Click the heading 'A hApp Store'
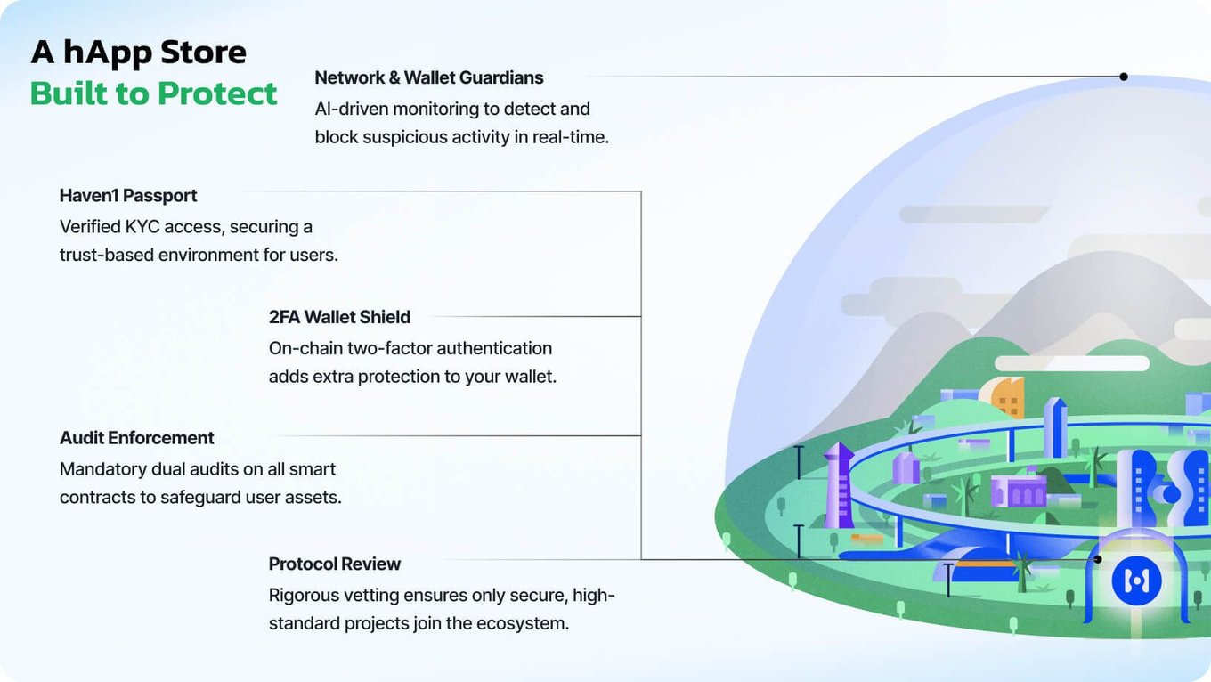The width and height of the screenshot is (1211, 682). pos(138,53)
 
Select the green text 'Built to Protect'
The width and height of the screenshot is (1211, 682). pos(153,93)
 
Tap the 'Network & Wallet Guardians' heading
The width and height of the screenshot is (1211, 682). pos(428,77)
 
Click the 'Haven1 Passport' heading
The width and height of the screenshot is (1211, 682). pos(128,196)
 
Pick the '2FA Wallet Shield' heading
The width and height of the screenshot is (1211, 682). pos(339,317)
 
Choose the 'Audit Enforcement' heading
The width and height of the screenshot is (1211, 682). pos(137,438)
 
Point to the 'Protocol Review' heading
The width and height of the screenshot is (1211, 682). pos(335,564)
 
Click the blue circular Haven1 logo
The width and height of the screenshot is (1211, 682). pos(1137,581)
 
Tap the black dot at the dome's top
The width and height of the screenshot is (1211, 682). pos(1124,77)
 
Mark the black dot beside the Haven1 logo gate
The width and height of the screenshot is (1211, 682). pos(1097,559)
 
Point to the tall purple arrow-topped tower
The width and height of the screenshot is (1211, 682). pos(839,485)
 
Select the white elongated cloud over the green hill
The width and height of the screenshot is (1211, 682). pos(1072,363)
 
